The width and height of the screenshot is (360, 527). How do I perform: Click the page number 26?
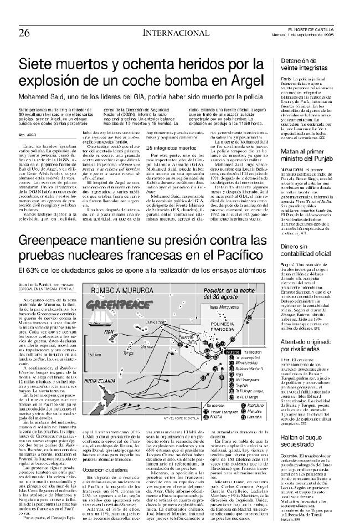tap(24, 32)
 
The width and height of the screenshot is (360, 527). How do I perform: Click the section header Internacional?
tap(166, 32)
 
